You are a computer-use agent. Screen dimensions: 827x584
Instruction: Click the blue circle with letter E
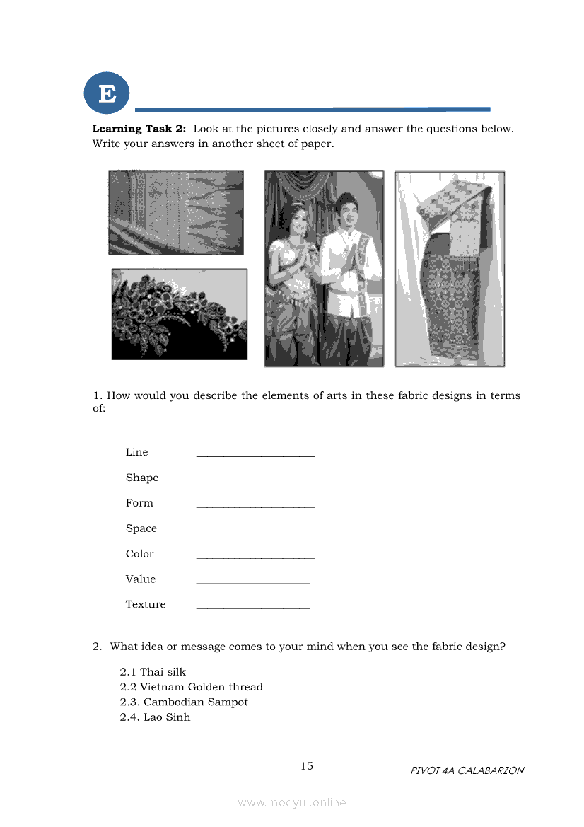point(107,93)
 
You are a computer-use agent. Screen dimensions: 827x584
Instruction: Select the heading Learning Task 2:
point(139,129)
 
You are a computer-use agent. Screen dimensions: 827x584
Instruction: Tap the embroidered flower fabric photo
point(179,314)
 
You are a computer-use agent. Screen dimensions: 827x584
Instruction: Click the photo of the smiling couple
point(324,269)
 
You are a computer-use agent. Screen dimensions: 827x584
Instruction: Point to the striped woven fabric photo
point(175,212)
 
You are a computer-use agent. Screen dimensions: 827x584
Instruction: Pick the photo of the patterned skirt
point(449,269)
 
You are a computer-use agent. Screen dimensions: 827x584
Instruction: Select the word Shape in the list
point(142,478)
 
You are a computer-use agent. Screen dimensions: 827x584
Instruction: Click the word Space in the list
point(141,528)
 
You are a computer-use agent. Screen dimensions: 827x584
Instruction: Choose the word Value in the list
point(141,579)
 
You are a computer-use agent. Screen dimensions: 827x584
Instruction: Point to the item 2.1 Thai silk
point(153,672)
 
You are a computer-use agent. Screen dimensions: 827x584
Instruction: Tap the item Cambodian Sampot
point(184,702)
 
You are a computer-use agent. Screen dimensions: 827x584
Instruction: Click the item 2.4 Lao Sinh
point(155,717)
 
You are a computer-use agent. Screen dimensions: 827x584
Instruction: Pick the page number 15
point(307,766)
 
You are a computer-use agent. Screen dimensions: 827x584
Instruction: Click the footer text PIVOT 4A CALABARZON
point(467,770)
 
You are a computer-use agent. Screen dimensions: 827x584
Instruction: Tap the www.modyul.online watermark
point(292,802)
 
